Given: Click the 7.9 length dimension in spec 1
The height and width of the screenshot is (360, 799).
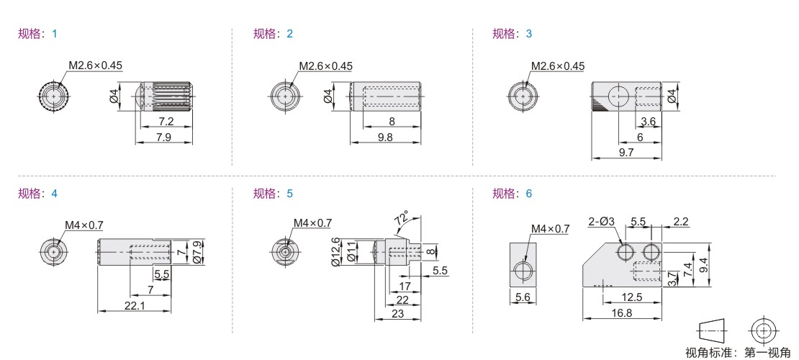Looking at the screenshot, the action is coord(163,138).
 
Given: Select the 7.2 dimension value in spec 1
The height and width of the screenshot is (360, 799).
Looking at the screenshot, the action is coord(166,122).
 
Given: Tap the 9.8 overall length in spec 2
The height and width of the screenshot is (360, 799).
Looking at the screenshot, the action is coord(386,138).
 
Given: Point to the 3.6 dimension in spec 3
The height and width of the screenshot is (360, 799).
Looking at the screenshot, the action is coord(648,122).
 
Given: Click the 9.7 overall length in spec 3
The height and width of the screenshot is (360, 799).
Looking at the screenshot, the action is coord(626,152).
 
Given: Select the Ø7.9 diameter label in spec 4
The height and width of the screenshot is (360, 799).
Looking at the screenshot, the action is coord(199,251).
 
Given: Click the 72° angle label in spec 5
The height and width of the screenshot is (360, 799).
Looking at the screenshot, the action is coord(401,220).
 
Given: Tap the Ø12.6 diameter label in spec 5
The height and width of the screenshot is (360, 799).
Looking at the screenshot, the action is coord(335,252).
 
